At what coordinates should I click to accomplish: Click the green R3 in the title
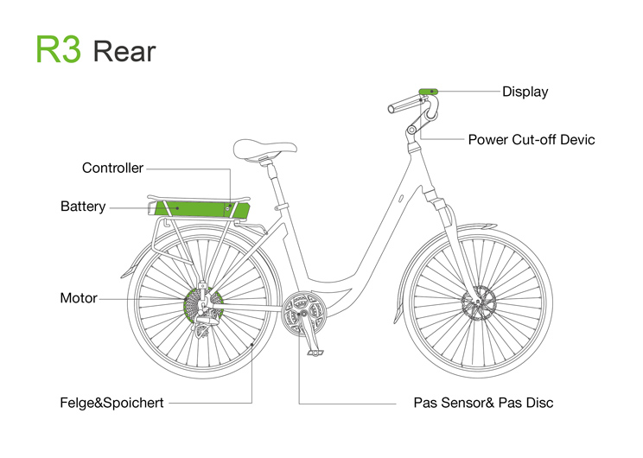tap(58, 49)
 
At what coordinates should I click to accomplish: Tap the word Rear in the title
tap(124, 51)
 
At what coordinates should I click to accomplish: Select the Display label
tap(525, 92)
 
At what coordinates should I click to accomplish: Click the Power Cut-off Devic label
tap(531, 139)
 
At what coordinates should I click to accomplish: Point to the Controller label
tap(112, 168)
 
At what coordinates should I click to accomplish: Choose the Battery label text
tap(83, 207)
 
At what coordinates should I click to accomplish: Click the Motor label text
tap(78, 298)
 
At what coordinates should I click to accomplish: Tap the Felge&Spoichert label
tap(111, 403)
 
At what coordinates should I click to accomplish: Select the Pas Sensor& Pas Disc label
tap(483, 403)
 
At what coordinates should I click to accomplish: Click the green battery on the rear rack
tap(199, 207)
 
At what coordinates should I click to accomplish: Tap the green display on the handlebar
tap(428, 91)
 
